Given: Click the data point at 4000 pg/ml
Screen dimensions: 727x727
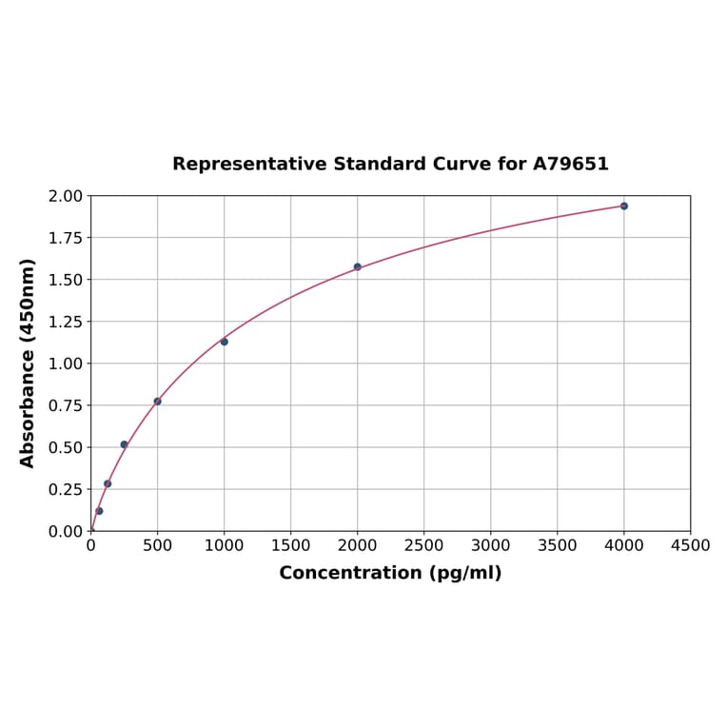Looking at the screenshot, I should [x=624, y=206].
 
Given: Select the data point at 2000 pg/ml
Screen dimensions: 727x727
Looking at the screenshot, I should [x=358, y=266].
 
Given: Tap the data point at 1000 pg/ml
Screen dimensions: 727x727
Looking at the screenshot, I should [x=225, y=342].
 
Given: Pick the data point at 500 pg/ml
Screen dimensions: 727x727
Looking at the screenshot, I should [x=158, y=401].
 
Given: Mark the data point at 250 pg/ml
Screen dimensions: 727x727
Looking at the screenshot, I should [x=124, y=444].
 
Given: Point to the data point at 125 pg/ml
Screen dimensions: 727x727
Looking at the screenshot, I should [x=108, y=483].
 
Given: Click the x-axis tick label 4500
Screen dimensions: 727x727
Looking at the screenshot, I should [x=690, y=545].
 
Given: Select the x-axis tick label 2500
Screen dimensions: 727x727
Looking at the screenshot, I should [x=423, y=545].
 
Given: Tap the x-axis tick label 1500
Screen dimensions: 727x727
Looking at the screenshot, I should [x=290, y=545].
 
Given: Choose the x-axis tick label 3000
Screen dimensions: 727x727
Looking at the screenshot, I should [x=490, y=545].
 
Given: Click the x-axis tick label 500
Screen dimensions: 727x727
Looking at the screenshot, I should [x=158, y=545].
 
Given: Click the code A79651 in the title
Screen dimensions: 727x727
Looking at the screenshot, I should [x=570, y=164].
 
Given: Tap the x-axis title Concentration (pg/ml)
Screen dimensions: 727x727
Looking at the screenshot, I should [x=390, y=573].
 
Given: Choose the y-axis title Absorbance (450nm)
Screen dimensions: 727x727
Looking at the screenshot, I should [x=28, y=363].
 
